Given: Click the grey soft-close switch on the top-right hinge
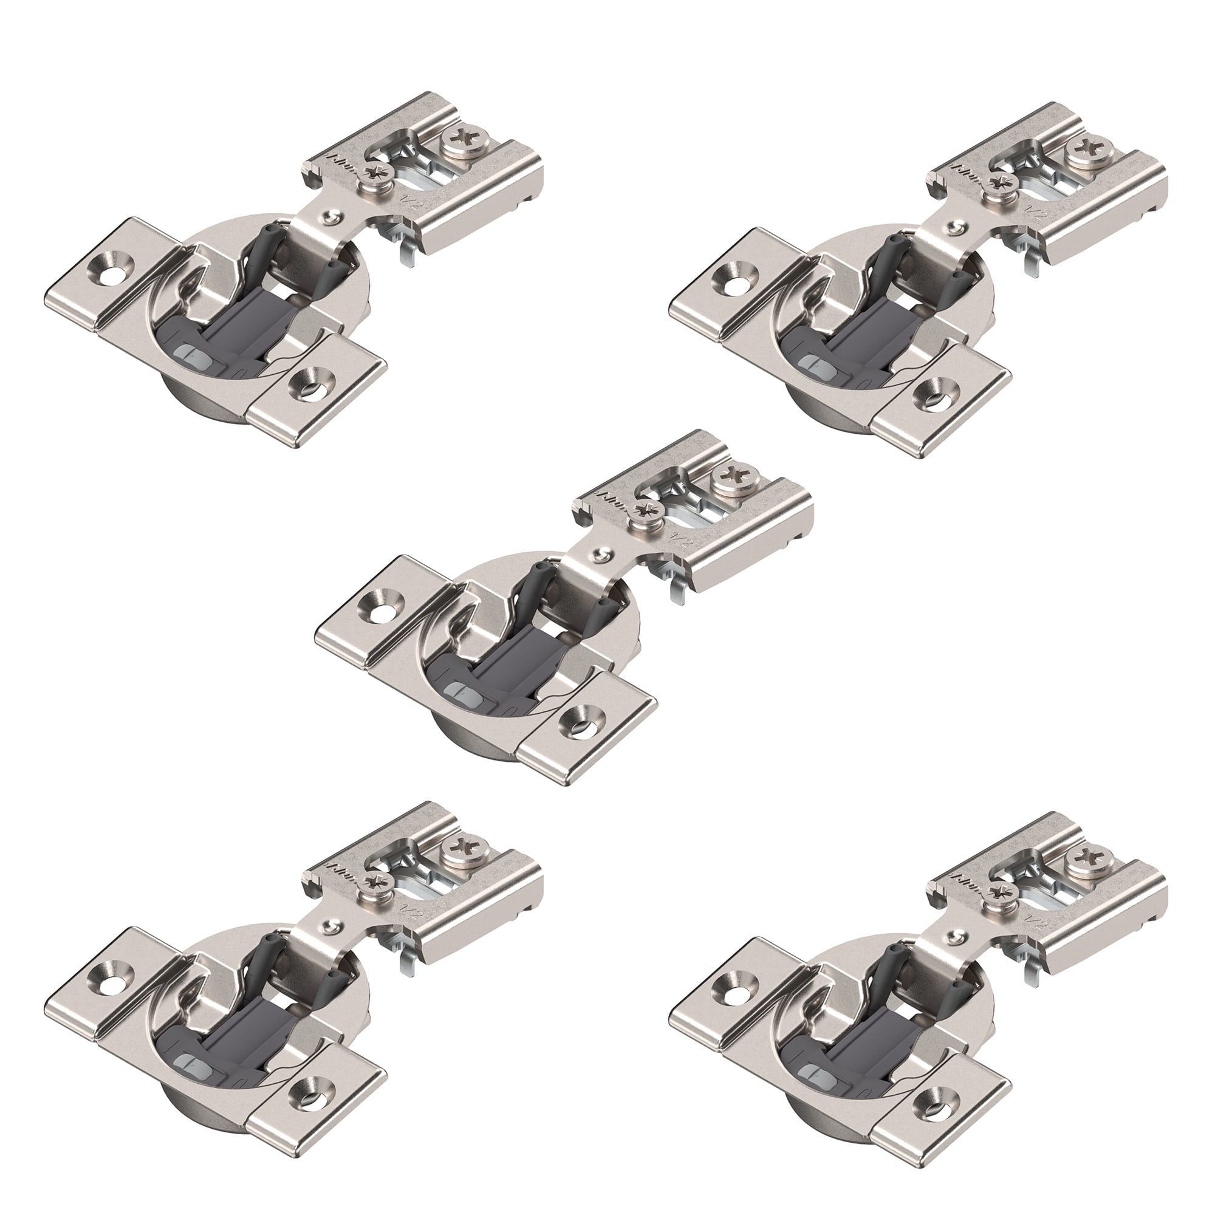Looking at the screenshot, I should click(816, 365).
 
